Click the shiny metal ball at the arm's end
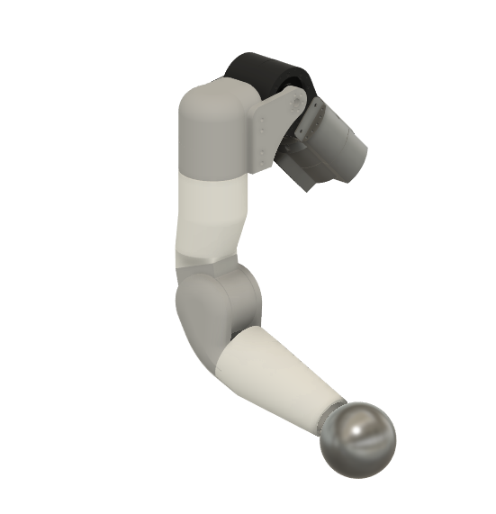click(x=359, y=438)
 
